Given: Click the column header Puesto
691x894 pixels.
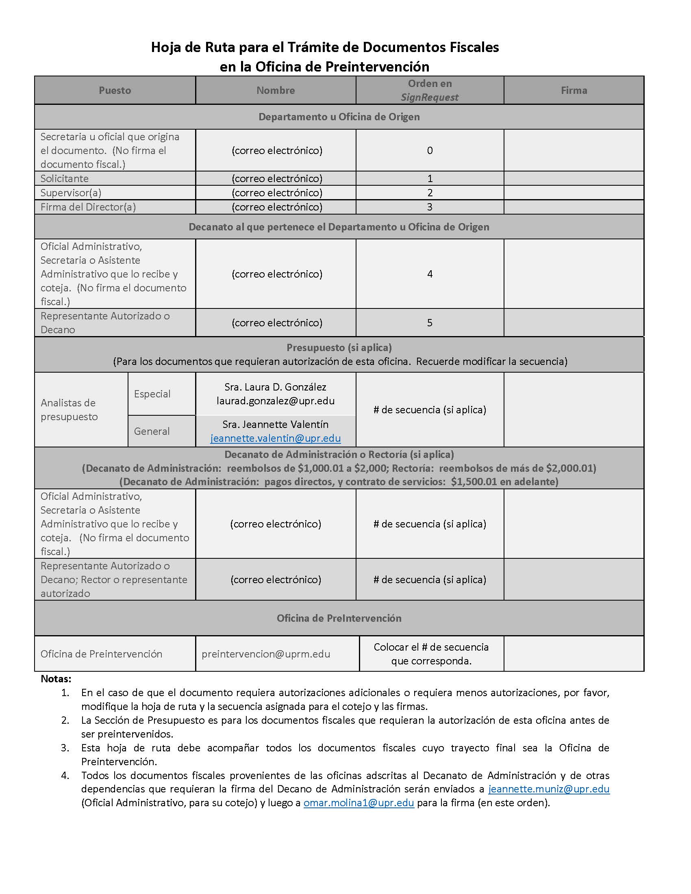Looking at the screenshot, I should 115,91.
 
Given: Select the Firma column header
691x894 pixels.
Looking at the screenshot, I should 574,91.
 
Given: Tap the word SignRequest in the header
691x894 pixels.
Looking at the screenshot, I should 429,98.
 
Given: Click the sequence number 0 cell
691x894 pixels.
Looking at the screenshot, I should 429,150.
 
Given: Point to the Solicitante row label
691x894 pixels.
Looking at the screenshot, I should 64,178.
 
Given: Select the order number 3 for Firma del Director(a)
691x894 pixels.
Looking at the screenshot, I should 429,207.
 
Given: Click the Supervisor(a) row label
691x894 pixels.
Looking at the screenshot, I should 70,193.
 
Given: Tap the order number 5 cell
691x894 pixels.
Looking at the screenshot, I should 429,323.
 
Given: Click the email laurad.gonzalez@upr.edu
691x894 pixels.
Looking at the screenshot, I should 276,401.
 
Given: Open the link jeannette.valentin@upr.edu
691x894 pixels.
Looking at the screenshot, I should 276,438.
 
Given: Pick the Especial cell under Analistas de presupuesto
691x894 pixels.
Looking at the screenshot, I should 152,394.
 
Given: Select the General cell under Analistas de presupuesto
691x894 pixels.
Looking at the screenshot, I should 152,431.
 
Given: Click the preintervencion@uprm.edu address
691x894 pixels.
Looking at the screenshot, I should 266,654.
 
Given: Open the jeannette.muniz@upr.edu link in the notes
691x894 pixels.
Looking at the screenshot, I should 549,789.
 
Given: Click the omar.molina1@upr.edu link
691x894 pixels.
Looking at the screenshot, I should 359,803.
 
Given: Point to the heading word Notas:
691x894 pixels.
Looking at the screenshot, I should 56,679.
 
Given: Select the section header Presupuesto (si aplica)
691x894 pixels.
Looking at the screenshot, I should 339,347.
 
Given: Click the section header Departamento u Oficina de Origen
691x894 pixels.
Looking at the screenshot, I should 339,117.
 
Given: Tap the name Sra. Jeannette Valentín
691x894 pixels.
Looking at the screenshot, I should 276,424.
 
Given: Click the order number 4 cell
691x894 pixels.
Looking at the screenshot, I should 429,274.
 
